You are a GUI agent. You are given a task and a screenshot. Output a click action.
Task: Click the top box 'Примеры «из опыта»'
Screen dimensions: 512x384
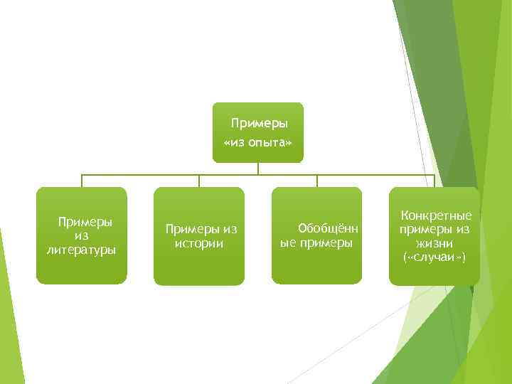[258, 133]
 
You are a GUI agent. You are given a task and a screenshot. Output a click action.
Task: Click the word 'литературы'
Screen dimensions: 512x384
[82, 250]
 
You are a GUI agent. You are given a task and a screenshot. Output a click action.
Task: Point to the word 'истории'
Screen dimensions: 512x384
[199, 243]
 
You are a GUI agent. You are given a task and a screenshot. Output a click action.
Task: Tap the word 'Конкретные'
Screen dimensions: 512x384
[436, 215]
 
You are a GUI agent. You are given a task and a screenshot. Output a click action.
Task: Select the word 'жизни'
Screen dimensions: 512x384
[434, 242]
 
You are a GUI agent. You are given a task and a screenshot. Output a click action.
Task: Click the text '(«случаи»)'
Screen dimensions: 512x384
[434, 256]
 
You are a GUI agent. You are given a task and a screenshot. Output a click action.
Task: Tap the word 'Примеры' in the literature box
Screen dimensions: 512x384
[85, 222]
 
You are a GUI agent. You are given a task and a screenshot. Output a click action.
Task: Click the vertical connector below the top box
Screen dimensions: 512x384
[258, 169]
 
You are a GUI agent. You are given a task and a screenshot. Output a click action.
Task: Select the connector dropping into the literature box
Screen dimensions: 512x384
[82, 181]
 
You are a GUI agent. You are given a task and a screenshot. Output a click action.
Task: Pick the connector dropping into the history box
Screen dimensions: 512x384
[199, 181]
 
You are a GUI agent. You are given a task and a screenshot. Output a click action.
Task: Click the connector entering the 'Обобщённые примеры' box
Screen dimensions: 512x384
[317, 181]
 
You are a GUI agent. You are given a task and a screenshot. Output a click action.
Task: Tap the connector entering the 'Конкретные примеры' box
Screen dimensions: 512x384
[434, 181]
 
